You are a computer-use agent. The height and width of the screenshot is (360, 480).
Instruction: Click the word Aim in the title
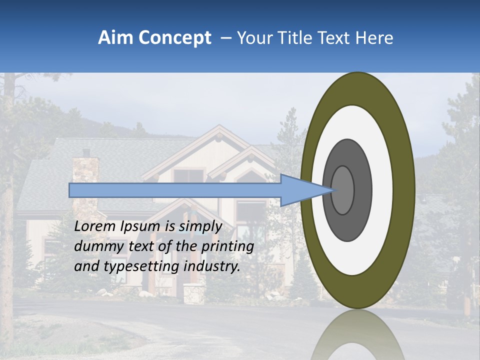pyautogui.click(x=115, y=38)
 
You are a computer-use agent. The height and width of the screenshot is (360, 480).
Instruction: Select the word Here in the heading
pyautogui.click(x=374, y=38)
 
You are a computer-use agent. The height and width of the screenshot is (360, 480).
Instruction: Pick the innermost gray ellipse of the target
pyautogui.click(x=342, y=190)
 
